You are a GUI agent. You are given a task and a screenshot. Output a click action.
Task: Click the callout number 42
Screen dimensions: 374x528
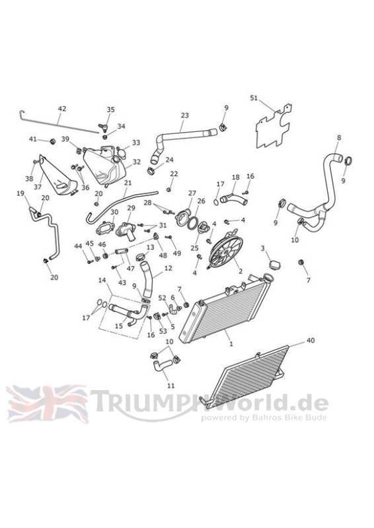coord(62,109)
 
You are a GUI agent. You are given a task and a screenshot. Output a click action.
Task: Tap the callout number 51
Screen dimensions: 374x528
coord(254,98)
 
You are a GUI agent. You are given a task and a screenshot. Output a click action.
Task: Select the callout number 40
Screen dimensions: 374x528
coord(311,341)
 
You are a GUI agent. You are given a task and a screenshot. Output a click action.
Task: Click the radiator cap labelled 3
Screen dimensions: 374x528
coord(275,265)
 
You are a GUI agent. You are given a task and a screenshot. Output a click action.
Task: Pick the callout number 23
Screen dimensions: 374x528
coord(185,115)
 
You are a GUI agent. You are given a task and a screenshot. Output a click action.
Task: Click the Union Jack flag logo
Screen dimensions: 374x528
coord(47,404)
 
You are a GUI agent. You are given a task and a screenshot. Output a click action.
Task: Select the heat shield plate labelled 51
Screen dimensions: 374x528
coord(274,127)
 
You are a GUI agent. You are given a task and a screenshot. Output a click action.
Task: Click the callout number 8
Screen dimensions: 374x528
coord(339,138)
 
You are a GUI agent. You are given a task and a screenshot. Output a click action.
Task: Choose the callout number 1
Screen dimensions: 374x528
coord(231,344)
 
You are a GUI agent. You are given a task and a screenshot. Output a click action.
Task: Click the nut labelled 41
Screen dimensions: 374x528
coord(52,141)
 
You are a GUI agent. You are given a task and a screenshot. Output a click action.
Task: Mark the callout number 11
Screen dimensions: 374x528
coord(171,385)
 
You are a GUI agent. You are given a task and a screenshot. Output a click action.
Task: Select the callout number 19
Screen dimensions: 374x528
coord(20,193)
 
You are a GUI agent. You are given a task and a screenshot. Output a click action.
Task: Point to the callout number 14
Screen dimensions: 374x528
coord(102,280)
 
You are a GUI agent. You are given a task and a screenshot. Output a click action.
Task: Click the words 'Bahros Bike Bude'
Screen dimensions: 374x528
coord(289,418)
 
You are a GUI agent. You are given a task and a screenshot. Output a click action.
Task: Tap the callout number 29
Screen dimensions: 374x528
coord(131,209)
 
